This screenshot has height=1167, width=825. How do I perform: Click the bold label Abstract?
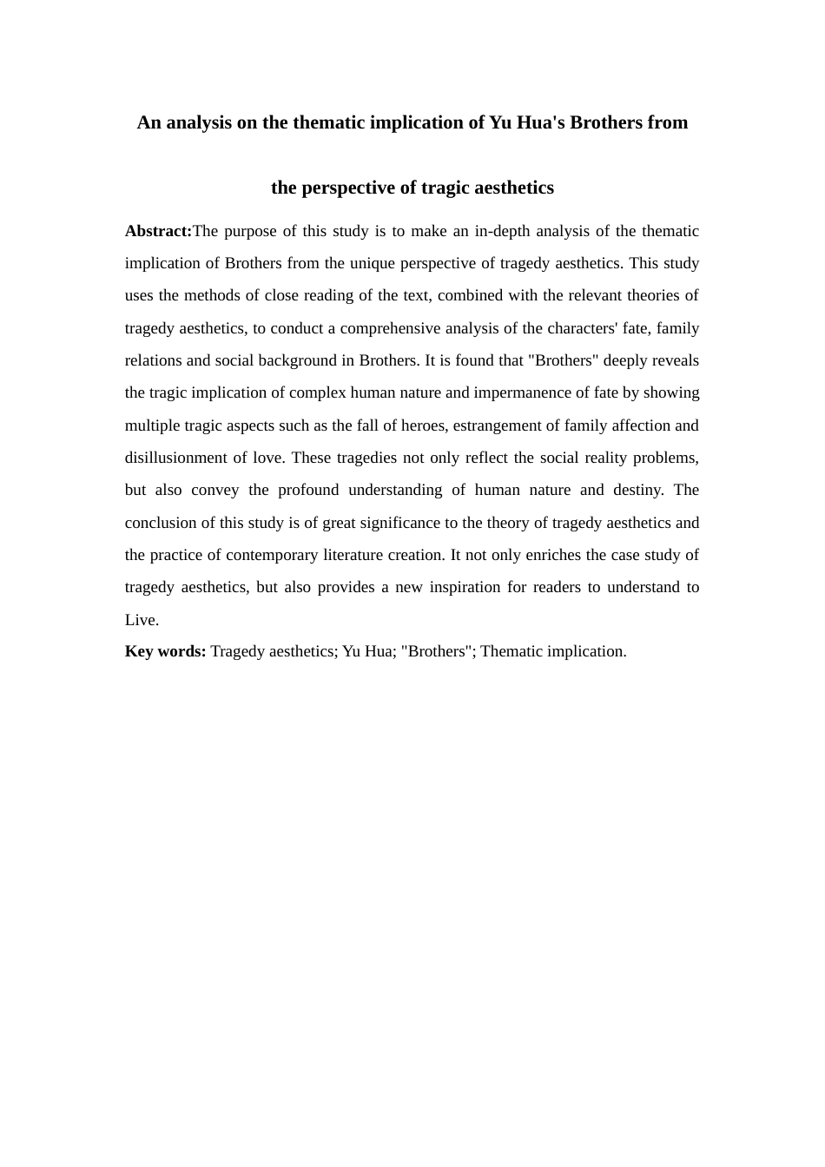click(158, 231)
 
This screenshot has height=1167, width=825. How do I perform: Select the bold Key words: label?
click(165, 651)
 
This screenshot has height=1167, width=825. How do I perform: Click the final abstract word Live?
click(141, 620)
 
